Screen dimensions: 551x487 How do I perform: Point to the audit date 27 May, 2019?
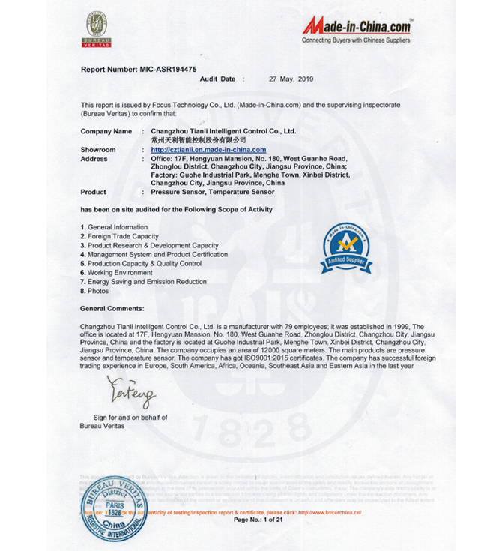coord(291,79)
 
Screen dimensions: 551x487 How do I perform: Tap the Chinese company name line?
coord(198,140)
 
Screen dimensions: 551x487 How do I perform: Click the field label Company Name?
coord(106,131)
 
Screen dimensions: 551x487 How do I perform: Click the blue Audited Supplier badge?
coord(347,248)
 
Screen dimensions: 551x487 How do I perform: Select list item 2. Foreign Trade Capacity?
coord(119,236)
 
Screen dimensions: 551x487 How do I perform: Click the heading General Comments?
coord(112,308)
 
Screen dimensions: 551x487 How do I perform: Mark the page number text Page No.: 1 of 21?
coord(258,520)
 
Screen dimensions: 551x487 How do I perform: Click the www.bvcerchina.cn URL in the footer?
coord(330,512)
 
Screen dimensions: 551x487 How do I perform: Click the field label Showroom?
coord(98,150)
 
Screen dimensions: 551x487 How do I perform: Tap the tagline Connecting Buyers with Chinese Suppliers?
coord(356,40)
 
